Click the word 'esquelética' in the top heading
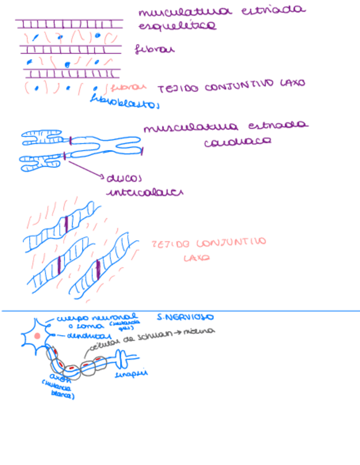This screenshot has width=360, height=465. (x=177, y=26)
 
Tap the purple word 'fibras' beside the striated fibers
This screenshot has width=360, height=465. (x=155, y=50)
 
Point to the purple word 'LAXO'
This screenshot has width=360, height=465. (x=292, y=83)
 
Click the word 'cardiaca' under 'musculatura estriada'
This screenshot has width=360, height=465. (x=237, y=141)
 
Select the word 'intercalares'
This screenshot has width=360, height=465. (x=144, y=192)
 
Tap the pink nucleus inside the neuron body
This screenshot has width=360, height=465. (x=37, y=335)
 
